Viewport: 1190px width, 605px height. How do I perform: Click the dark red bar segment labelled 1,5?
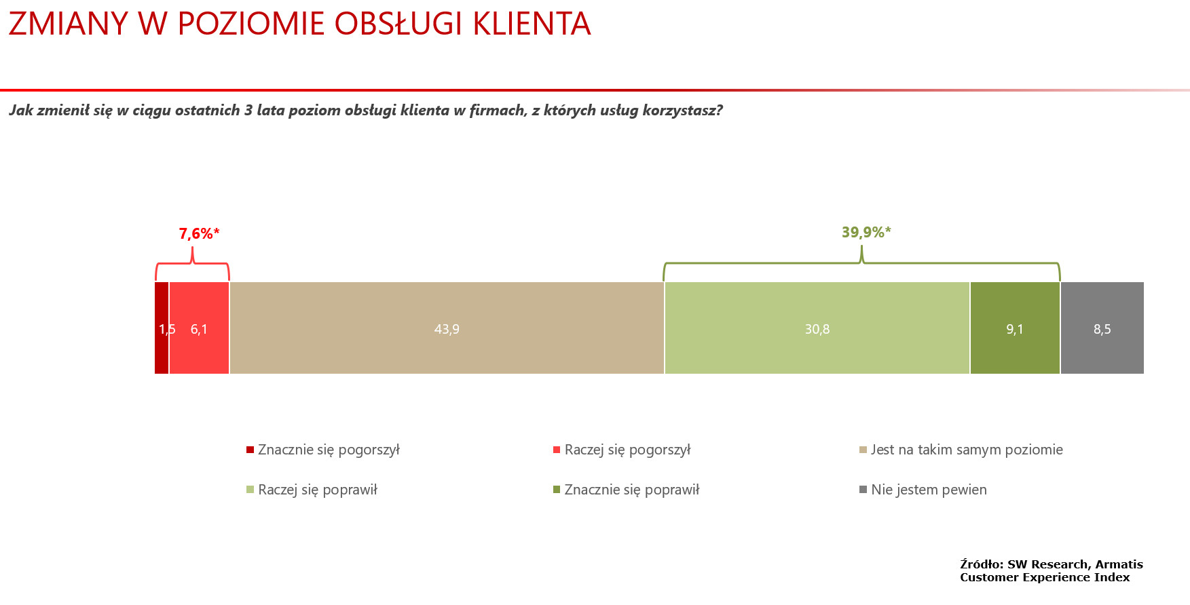(x=162, y=328)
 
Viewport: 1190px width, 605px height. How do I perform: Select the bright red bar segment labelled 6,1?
(x=200, y=328)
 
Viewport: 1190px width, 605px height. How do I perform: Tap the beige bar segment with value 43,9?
(x=447, y=328)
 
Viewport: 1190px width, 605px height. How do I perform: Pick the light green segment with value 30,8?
(x=817, y=328)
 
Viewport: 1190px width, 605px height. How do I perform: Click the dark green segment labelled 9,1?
(x=1015, y=328)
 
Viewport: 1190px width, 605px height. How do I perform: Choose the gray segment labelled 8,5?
(x=1102, y=328)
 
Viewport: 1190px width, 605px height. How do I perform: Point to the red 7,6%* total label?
(x=200, y=234)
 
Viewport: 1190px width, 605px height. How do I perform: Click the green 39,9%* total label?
(x=866, y=233)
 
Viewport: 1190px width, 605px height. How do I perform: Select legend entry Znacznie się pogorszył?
(x=323, y=450)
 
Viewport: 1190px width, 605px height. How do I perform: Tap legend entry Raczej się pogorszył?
(x=622, y=450)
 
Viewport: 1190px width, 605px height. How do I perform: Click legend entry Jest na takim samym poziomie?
(x=961, y=450)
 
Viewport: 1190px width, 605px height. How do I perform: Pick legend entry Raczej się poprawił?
(x=312, y=490)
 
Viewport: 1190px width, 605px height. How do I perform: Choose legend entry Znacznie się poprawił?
(x=627, y=490)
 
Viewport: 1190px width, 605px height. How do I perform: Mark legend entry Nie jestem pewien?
(x=923, y=490)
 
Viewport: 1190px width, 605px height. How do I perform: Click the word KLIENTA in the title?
(x=532, y=24)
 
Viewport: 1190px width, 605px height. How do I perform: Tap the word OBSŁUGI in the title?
(x=398, y=24)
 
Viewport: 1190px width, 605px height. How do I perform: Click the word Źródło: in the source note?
(x=982, y=564)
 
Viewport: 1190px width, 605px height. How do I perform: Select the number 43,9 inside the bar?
(x=447, y=329)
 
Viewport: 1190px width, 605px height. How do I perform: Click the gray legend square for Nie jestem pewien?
(x=863, y=489)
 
